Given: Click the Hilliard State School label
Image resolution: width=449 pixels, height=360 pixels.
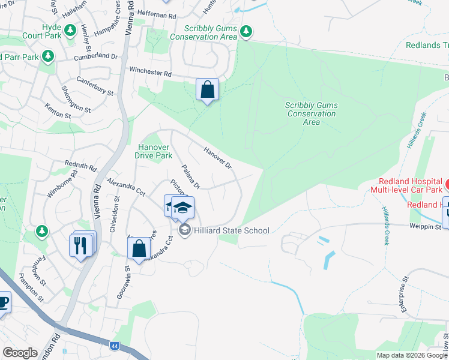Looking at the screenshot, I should tap(231, 230).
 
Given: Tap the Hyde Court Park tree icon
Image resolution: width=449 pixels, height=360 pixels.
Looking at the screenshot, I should tap(70, 29).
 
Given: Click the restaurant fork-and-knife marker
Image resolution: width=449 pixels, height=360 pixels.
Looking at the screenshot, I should tap(82, 244).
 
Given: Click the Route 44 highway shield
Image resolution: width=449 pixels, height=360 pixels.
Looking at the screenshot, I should tap(114, 346).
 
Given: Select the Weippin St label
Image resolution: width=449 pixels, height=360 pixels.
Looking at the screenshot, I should tap(426, 226).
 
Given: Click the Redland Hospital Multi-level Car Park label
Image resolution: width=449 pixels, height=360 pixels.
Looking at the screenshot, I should tap(409, 186).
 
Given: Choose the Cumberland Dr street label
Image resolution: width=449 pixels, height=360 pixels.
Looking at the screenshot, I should tap(96, 56).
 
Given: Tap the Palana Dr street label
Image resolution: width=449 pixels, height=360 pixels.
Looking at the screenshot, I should tap(190, 177).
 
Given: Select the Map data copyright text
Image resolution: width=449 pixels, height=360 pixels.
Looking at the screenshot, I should tap(412, 355).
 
